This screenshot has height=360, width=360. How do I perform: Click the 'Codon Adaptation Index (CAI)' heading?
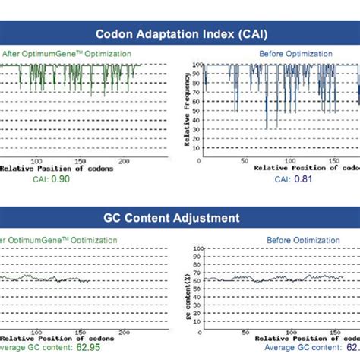click(180, 33)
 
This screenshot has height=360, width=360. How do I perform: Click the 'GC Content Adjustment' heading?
click(180, 218)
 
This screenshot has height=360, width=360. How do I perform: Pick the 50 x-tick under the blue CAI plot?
click(244, 160)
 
